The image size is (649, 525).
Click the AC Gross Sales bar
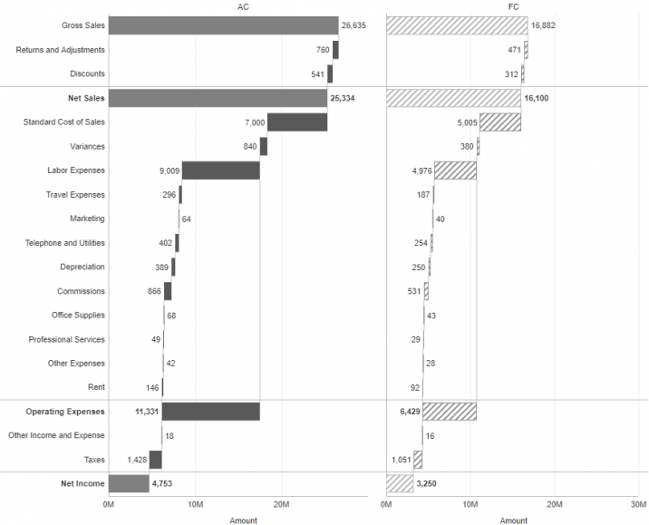pos(223,25)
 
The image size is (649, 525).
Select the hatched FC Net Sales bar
pos(453,98)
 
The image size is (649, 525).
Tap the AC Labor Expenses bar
pos(220,170)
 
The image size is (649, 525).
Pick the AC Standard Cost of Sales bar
pos(297,122)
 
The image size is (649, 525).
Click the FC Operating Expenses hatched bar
pos(449,412)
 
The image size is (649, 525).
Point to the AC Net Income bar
pos(129,483)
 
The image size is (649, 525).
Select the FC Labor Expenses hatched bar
pos(455,170)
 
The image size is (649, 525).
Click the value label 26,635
pos(353,26)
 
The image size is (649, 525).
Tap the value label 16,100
pos(538,98)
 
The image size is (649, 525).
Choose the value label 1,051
pos(401,460)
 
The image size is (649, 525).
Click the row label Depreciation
pos(82,267)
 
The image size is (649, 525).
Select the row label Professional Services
pos(66,340)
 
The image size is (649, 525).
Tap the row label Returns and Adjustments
pos(60,50)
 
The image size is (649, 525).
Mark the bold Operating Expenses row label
pos(65,412)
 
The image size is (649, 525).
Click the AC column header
pos(242,6)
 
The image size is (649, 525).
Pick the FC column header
pos(514,6)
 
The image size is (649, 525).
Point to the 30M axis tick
pos(638,504)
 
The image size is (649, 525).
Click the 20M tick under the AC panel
pos(281,504)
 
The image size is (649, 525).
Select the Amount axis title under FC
pos(514,520)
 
